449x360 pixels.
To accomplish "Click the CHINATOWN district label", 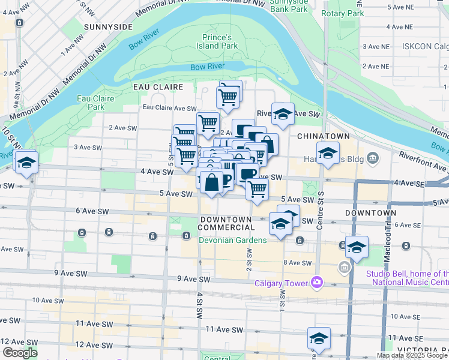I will pyautogui.click(x=323, y=136).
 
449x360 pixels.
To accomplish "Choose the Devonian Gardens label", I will pyautogui.click(x=233, y=240).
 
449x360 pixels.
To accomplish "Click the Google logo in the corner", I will pyautogui.click(x=19, y=353).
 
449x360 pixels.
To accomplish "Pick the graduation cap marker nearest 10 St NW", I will pyautogui.click(x=26, y=161).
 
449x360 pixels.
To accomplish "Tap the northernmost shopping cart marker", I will pyautogui.click(x=229, y=94).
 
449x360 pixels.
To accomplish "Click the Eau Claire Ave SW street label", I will pyautogui.click(x=169, y=109).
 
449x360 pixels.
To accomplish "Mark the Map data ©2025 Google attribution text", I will pyautogui.click(x=412, y=355).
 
